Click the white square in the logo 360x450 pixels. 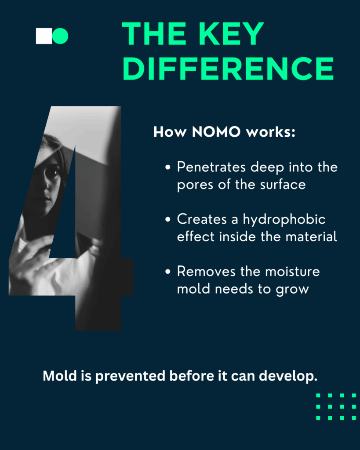click(x=44, y=36)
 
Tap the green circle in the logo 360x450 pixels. click(x=60, y=36)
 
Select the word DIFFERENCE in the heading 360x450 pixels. click(x=229, y=68)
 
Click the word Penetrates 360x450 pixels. click(x=211, y=167)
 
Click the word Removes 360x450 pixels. click(x=206, y=271)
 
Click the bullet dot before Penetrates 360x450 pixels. click(x=168, y=167)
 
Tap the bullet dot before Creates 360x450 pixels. click(x=168, y=220)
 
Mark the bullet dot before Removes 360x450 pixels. click(x=168, y=272)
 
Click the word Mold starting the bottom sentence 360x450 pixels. click(x=60, y=376)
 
